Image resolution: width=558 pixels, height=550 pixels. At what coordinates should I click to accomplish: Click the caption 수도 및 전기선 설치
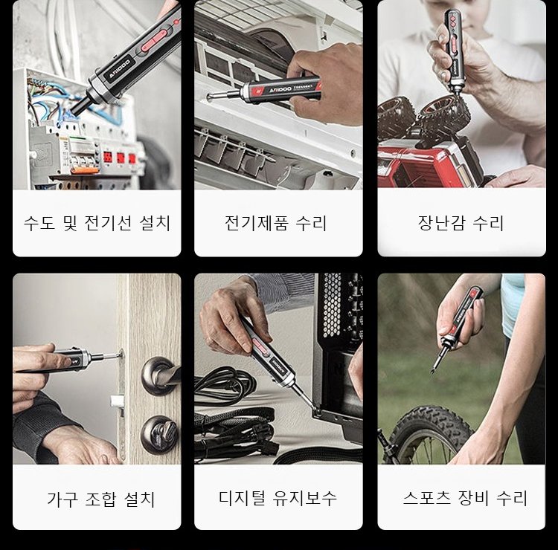pos(97,223)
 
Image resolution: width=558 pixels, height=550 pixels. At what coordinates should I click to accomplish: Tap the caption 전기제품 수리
pos(276,223)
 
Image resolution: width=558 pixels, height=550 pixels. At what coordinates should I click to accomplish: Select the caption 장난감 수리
pos(461,223)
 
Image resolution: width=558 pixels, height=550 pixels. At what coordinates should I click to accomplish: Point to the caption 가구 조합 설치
pos(100,499)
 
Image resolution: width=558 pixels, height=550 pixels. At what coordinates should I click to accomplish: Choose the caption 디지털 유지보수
pos(278,498)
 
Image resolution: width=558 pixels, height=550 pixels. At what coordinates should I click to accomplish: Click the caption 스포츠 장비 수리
pos(465,498)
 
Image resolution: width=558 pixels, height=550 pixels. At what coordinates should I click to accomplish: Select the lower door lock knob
pos(159,435)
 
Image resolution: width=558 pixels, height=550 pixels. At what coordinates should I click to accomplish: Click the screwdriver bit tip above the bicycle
pos(432,372)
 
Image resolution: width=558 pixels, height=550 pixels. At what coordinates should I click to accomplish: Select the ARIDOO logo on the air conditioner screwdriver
pos(280,89)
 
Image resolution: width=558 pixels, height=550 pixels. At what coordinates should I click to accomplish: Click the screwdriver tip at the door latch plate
pos(120,355)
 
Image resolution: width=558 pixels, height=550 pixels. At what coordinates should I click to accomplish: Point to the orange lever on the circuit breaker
pos(84,171)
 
